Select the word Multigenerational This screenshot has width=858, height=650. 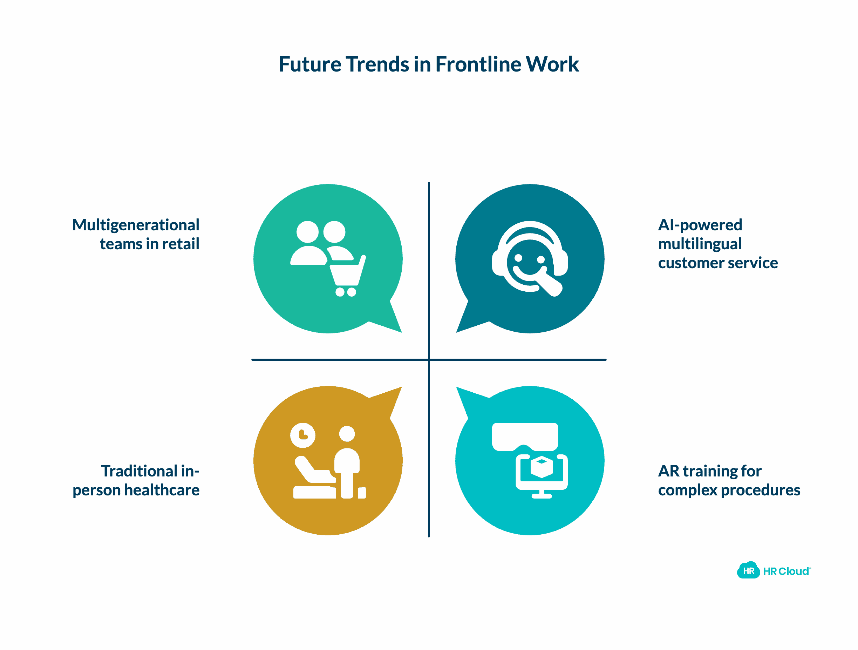pyautogui.click(x=136, y=225)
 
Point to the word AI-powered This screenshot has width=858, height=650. pyautogui.click(x=700, y=225)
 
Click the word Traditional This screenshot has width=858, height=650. pyautogui.click(x=139, y=471)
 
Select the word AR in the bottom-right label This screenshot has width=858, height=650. pyautogui.click(x=669, y=471)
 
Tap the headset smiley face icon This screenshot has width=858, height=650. pyautogui.click(x=530, y=258)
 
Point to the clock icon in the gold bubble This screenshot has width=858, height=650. pyautogui.click(x=302, y=435)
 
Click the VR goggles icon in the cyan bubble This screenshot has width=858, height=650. pyautogui.click(x=525, y=437)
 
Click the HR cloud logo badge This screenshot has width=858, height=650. pyautogui.click(x=748, y=571)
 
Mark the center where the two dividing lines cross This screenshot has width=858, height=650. pyautogui.click(x=429, y=360)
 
